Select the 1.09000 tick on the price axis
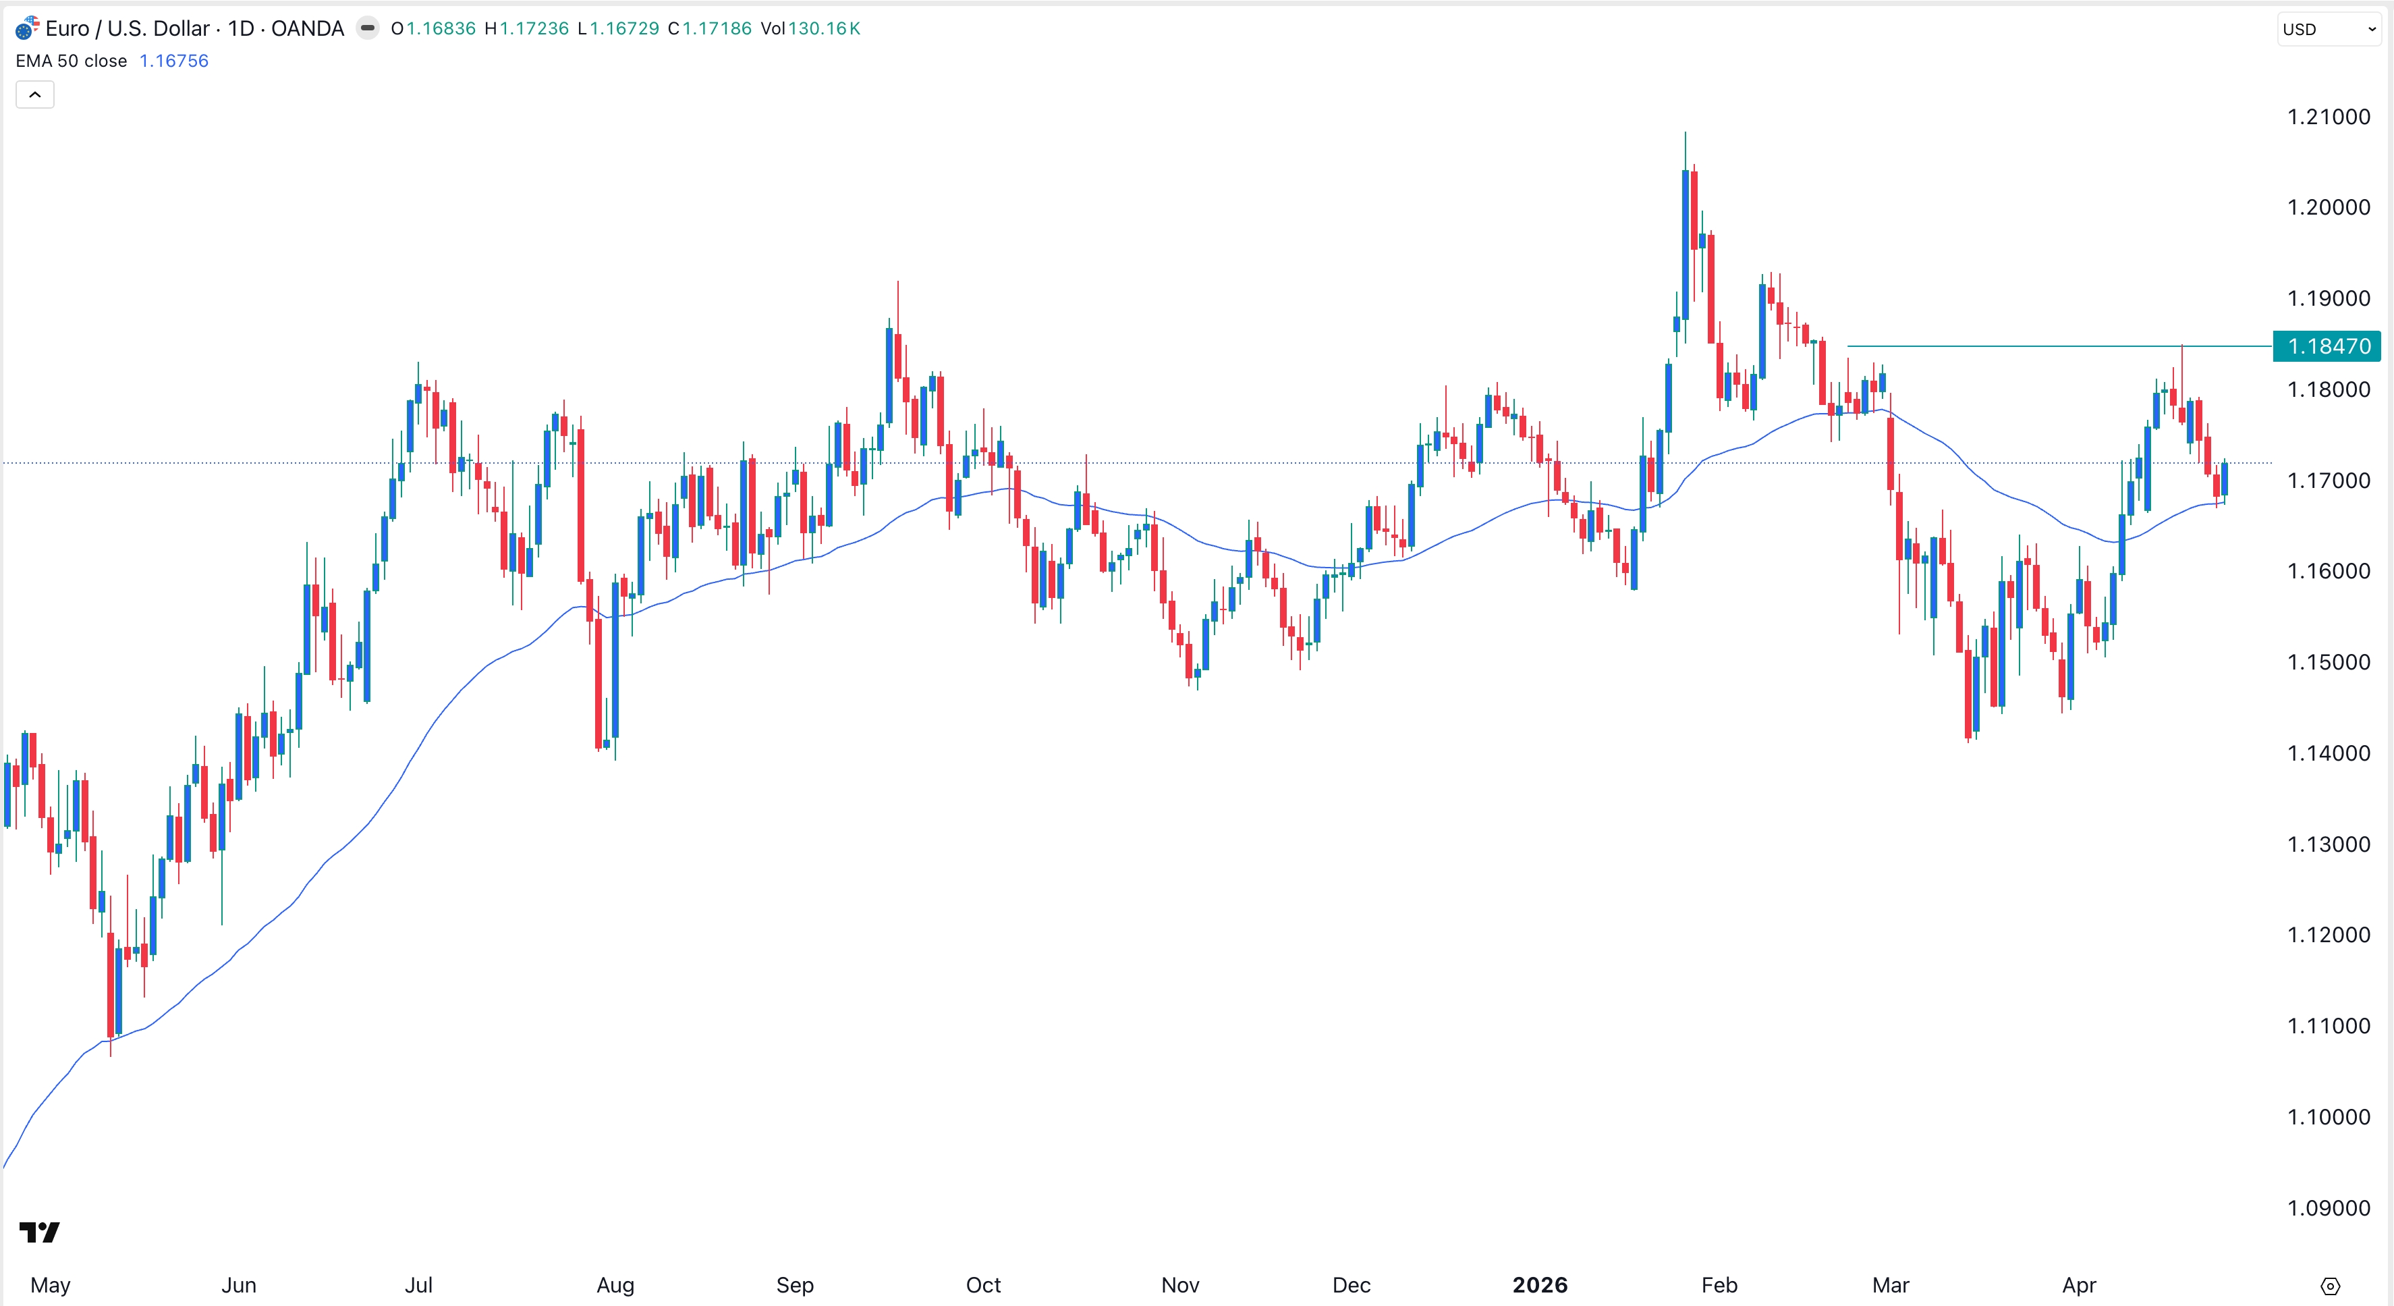pyautogui.click(x=2328, y=1207)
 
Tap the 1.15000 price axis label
pyautogui.click(x=2328, y=662)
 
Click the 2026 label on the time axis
pyautogui.click(x=1539, y=1284)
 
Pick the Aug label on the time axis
pyautogui.click(x=615, y=1284)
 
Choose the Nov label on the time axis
pyautogui.click(x=1179, y=1284)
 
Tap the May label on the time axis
pyautogui.click(x=50, y=1284)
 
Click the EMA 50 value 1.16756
pyautogui.click(x=174, y=61)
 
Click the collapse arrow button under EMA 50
pyautogui.click(x=35, y=94)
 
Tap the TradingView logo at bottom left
pyautogui.click(x=40, y=1232)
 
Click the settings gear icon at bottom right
pyautogui.click(x=2330, y=1286)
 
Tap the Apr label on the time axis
pyautogui.click(x=2078, y=1284)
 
